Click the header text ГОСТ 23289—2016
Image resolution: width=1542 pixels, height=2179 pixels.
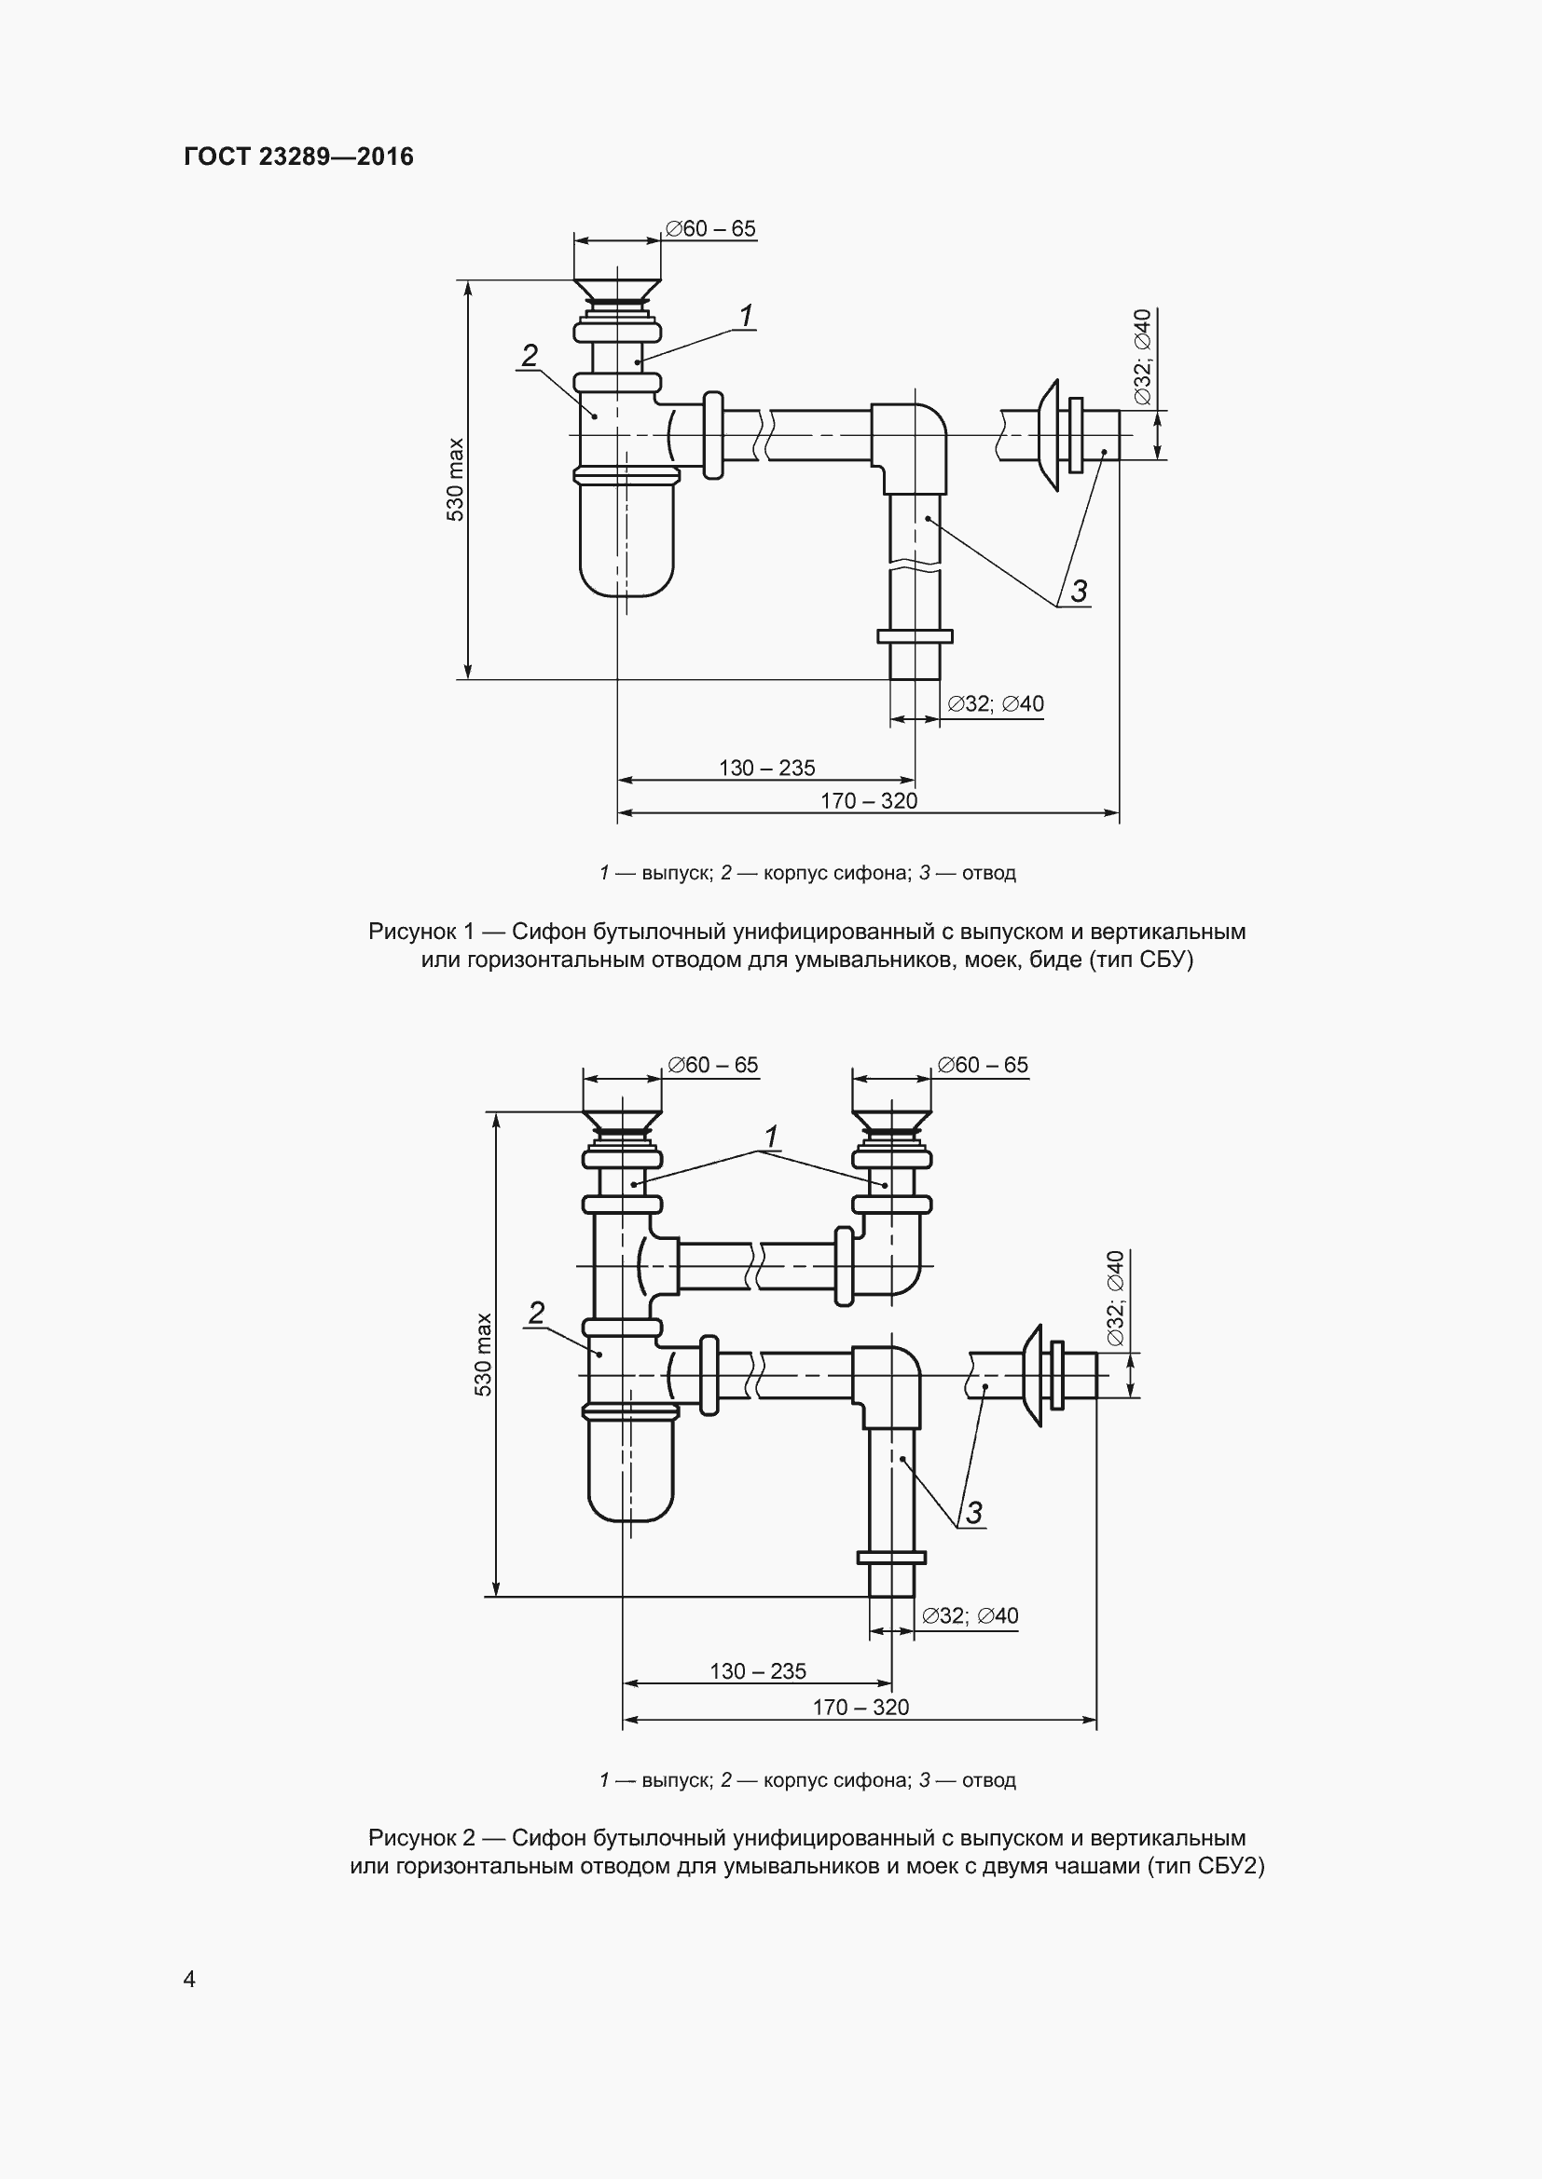299,157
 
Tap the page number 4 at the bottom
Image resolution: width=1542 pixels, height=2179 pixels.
190,1978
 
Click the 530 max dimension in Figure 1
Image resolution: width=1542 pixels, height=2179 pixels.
457,479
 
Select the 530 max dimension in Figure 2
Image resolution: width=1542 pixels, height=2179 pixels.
483,1355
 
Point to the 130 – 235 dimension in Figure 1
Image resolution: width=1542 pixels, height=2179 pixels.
767,768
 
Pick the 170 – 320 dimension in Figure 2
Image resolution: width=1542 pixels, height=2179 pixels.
861,1708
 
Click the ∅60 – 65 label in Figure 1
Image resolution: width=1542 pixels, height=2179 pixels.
711,229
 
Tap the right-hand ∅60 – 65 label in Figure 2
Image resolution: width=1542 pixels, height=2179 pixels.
983,1065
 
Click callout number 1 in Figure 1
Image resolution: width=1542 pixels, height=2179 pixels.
747,315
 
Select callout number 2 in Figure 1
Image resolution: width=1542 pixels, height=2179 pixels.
530,355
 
